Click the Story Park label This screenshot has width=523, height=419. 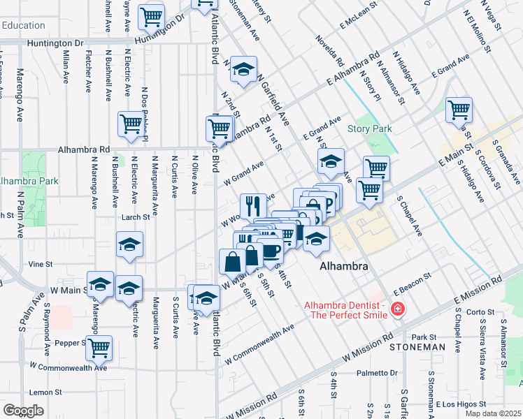(x=370, y=128)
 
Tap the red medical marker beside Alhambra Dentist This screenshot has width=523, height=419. (x=397, y=308)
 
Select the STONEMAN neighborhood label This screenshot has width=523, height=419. (x=417, y=346)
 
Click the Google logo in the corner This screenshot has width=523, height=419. (x=23, y=411)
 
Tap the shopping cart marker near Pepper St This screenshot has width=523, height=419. (x=99, y=346)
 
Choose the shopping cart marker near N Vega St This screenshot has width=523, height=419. (x=459, y=109)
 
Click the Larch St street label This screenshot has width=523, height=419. (x=137, y=217)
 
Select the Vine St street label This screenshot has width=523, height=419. (x=41, y=265)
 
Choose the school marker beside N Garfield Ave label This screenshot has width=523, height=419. (x=243, y=69)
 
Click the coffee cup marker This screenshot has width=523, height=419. (x=270, y=250)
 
